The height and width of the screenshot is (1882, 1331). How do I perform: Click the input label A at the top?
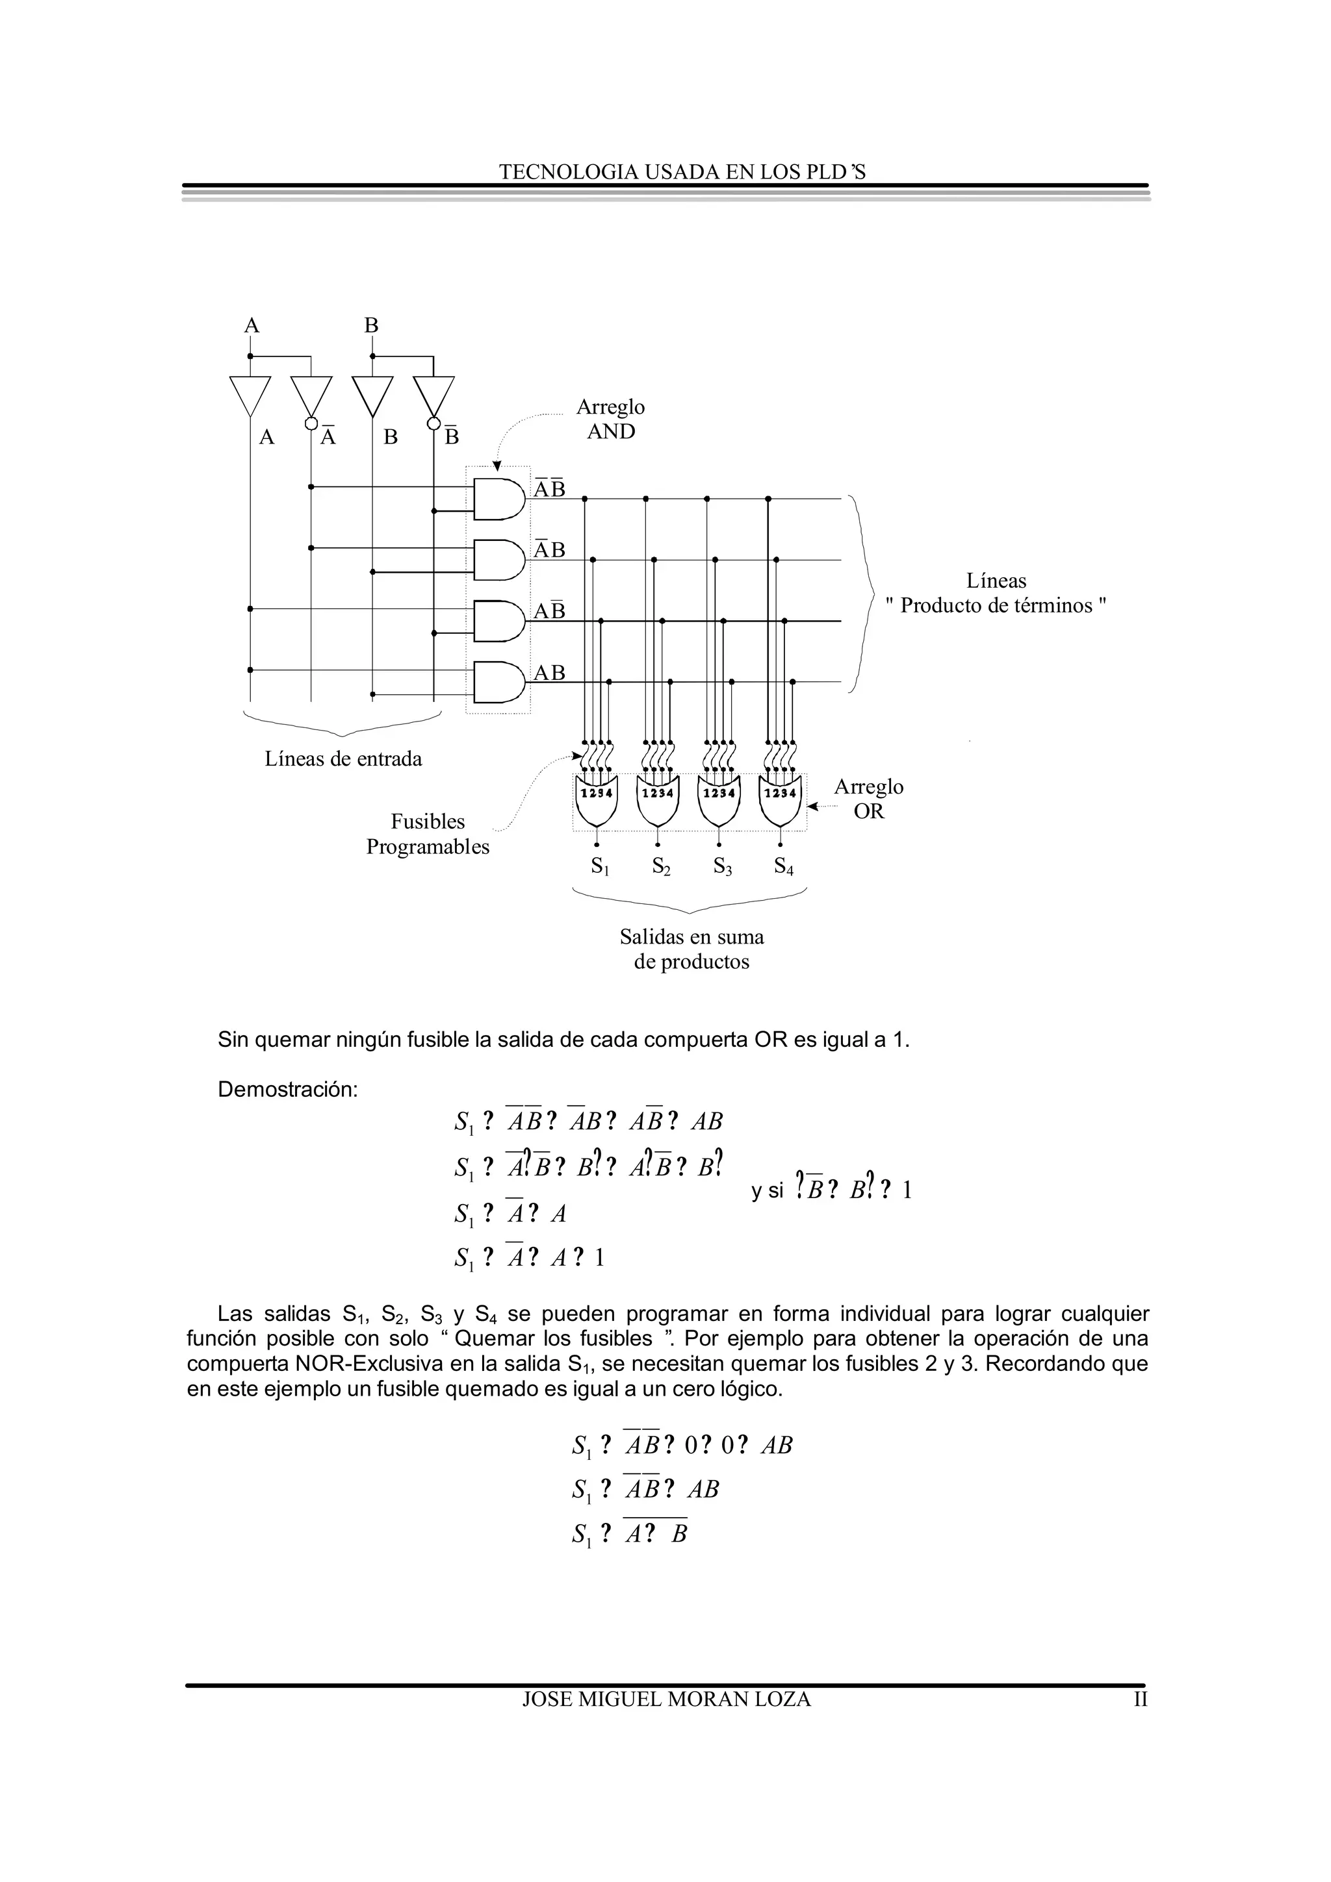pyautogui.click(x=252, y=325)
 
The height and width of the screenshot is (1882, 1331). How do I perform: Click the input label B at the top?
pyautogui.click(x=372, y=325)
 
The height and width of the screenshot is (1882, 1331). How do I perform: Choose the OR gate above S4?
pyautogui.click(x=780, y=803)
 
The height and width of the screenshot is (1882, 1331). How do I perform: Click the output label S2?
pyautogui.click(x=661, y=866)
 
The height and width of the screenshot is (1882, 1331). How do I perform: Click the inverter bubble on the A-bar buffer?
pyautogui.click(x=311, y=424)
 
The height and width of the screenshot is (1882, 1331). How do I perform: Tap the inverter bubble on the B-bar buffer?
pyautogui.click(x=434, y=424)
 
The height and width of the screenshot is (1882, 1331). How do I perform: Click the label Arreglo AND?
pyautogui.click(x=610, y=419)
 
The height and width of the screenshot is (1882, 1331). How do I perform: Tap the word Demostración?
pyautogui.click(x=288, y=1090)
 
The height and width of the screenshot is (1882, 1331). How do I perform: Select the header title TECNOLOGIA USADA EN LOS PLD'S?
pyautogui.click(x=682, y=172)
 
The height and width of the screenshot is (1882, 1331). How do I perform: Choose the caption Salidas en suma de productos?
pyautogui.click(x=691, y=949)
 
